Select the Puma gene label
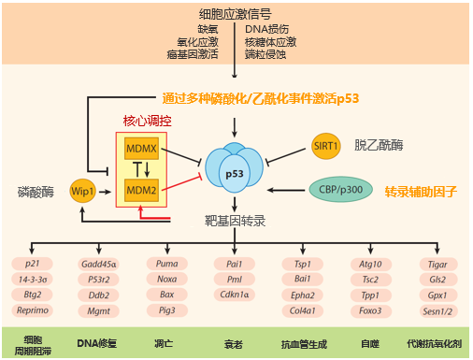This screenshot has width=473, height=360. pos(166,264)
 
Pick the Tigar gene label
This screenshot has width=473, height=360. pos(436,264)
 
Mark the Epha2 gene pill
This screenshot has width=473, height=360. pos(301,295)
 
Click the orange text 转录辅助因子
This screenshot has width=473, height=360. pos(421,191)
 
